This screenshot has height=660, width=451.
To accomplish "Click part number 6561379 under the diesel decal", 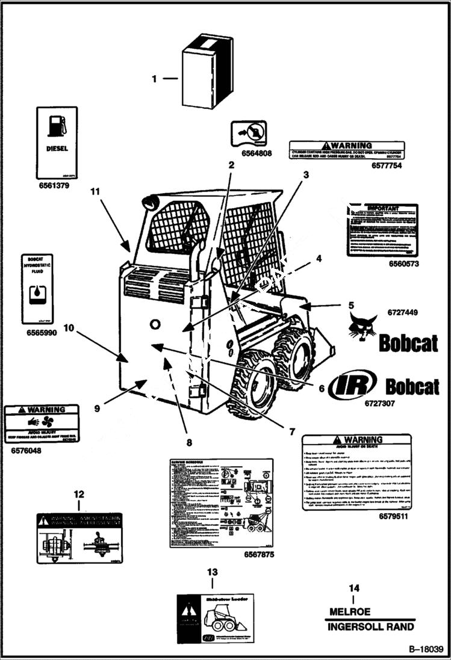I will tap(54, 186).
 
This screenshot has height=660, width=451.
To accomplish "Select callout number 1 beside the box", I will tap(154, 78).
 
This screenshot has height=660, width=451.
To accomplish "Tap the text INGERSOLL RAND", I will tap(371, 627).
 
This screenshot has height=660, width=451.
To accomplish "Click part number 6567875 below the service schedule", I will tap(259, 554).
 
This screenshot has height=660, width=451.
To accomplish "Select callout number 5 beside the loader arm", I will tap(350, 306).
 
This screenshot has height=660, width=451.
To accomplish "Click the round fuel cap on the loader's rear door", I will tap(155, 324).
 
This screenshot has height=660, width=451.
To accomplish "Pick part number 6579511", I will tap(394, 516).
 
